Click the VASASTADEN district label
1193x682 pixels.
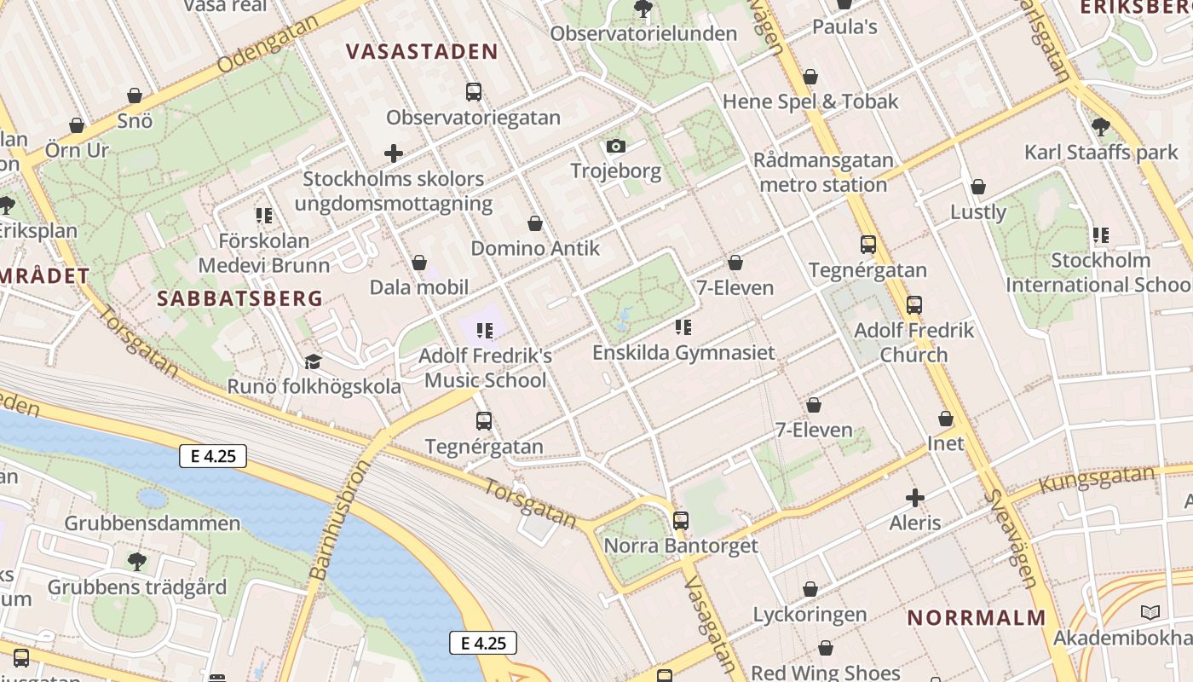point(423,51)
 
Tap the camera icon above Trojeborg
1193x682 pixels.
point(616,147)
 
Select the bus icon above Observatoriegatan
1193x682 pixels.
point(474,92)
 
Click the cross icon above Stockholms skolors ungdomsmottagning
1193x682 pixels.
point(394,154)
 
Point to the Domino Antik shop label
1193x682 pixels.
point(535,249)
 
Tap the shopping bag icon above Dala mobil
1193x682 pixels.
point(418,263)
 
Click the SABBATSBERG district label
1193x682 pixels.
point(240,298)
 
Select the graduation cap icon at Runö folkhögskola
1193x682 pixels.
point(313,361)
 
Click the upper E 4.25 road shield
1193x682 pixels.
point(213,456)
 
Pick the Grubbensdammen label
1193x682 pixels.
point(153,523)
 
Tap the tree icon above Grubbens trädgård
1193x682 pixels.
point(136,562)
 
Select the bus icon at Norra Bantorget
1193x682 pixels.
point(680,520)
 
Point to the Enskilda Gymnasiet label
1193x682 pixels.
point(683,352)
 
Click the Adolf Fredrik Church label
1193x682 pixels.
point(913,342)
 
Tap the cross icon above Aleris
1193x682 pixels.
point(915,498)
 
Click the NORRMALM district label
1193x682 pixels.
point(976,618)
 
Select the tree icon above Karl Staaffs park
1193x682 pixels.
point(1100,127)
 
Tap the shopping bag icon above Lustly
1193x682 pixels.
point(978,187)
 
